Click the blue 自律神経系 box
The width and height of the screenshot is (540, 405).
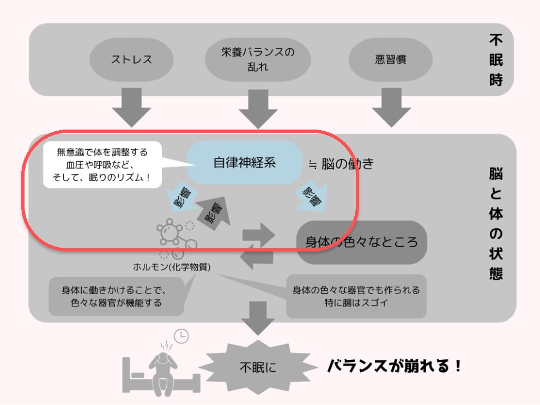245,163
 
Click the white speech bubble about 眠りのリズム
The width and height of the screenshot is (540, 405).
102,164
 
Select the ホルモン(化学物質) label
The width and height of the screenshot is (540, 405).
172,267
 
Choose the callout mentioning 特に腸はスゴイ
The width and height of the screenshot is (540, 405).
356,296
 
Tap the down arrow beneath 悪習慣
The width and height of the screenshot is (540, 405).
391,108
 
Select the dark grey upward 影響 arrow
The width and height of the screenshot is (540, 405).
214,212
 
